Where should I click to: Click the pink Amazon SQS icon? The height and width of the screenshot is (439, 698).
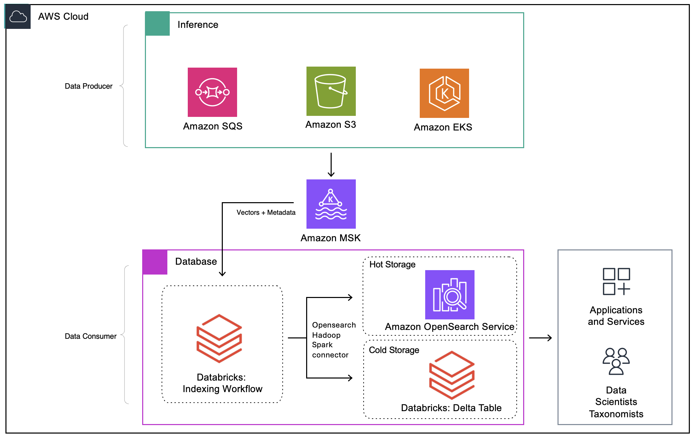point(212,92)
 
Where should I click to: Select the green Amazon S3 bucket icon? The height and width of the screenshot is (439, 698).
point(331,91)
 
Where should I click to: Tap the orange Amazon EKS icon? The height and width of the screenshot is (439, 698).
point(444,93)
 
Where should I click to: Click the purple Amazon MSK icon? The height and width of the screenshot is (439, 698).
point(331,204)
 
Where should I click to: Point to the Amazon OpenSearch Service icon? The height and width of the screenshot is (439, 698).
point(450,295)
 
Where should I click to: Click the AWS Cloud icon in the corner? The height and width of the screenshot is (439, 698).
point(18,16)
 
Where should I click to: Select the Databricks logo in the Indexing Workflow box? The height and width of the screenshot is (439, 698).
point(219,338)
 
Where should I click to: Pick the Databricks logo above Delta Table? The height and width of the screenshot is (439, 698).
point(452,375)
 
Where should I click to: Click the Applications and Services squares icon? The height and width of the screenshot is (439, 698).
point(616,281)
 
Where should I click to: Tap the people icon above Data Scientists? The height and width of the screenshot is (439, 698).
point(616,361)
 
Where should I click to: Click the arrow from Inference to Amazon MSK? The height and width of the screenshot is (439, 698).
point(331,165)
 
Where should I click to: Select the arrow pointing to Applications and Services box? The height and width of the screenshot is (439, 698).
point(540,338)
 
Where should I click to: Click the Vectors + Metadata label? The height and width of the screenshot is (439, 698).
point(266,212)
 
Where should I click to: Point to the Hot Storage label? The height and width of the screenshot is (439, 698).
point(392,264)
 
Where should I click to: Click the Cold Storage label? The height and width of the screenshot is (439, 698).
point(394,350)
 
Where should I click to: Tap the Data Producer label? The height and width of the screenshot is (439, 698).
point(88,86)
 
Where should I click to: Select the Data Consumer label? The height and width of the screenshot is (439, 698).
point(90,336)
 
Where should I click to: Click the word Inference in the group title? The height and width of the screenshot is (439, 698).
point(198,24)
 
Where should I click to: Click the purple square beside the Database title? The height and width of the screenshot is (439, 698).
point(155,262)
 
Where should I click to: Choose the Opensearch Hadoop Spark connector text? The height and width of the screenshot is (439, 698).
point(333,340)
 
